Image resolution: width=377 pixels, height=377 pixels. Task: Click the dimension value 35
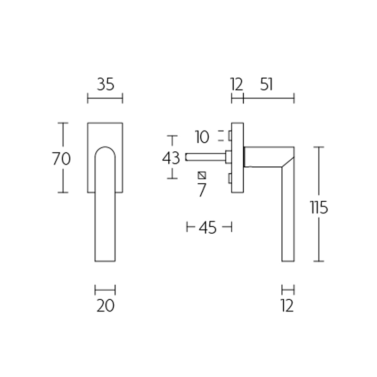[x=105, y=85]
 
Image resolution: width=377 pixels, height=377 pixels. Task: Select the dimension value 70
[x=61, y=159]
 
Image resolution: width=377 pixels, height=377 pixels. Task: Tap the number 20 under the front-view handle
[x=105, y=306]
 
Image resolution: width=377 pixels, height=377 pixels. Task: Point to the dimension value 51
[x=266, y=85]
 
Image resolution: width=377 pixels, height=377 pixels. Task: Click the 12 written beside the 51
[x=237, y=85]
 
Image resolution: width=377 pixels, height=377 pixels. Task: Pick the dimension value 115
[x=319, y=207]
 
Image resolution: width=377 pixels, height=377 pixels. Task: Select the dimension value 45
[x=207, y=228]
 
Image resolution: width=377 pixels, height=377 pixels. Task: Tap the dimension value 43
[x=171, y=158]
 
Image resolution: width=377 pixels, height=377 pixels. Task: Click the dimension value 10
[x=201, y=137]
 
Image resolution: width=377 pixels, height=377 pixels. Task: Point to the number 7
[x=202, y=190]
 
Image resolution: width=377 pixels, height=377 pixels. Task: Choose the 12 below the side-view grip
[x=287, y=306]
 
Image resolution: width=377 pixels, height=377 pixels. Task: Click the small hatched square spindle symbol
[x=202, y=175]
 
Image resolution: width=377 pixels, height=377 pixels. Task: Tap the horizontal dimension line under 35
[x=105, y=98]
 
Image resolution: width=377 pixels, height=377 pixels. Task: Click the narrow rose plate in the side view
[x=238, y=157]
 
